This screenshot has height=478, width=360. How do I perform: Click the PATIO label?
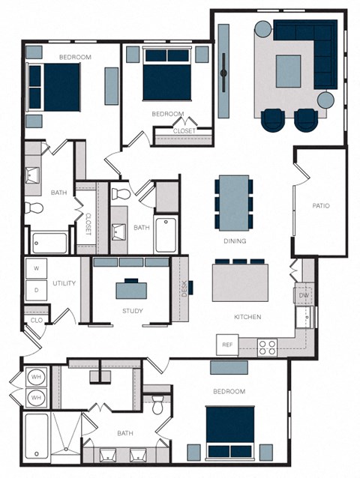pos(321,205)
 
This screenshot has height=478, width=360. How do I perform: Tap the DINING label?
pos(235,241)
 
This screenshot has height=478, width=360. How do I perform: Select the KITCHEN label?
pos(247,317)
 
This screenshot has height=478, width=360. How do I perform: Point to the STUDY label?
pos(132,311)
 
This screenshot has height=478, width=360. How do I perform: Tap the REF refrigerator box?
pos(227,345)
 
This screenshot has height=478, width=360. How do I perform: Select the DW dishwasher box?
pos(304,296)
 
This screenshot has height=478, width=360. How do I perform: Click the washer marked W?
pos(36,267)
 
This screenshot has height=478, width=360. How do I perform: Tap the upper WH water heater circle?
pos(35,378)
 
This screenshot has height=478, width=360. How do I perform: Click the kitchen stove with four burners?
pos(268,347)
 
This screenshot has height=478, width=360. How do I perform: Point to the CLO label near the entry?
pos(36,321)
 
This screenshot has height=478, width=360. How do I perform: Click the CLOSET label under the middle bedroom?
pos(184,131)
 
